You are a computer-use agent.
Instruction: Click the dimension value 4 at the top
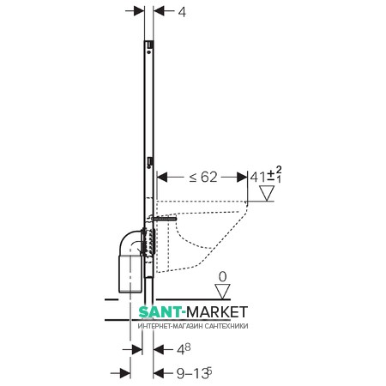(x=182, y=12)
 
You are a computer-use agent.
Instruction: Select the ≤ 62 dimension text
(x=203, y=178)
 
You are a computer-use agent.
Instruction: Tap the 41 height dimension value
(x=257, y=178)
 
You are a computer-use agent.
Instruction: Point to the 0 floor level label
(x=222, y=277)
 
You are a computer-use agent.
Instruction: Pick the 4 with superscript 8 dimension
(x=184, y=349)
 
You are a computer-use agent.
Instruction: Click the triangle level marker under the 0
(x=222, y=292)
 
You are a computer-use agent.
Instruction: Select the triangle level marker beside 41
(x=267, y=193)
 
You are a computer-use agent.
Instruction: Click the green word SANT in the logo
(x=160, y=312)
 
